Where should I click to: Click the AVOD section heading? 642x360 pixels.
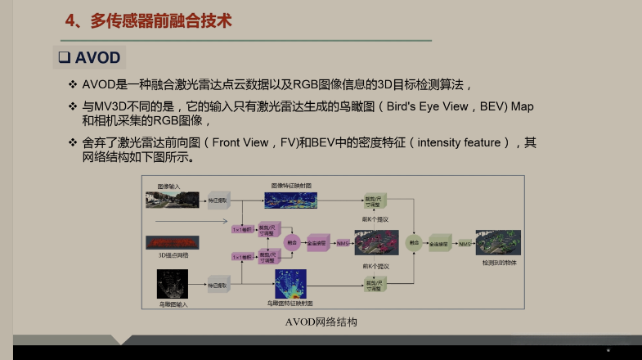97,58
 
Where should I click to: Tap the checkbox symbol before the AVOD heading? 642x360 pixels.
62,58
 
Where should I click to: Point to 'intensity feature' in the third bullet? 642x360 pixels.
459,142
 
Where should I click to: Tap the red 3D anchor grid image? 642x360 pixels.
173,242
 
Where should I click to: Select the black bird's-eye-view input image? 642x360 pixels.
173,283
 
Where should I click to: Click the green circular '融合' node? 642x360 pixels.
415,243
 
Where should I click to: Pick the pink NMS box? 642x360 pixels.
343,243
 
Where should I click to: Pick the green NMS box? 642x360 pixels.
465,243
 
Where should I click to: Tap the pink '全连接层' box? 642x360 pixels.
317,243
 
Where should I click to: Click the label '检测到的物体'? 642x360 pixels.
500,263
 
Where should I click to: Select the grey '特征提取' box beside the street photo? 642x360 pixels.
218,200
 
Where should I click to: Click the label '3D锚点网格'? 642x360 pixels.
173,256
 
